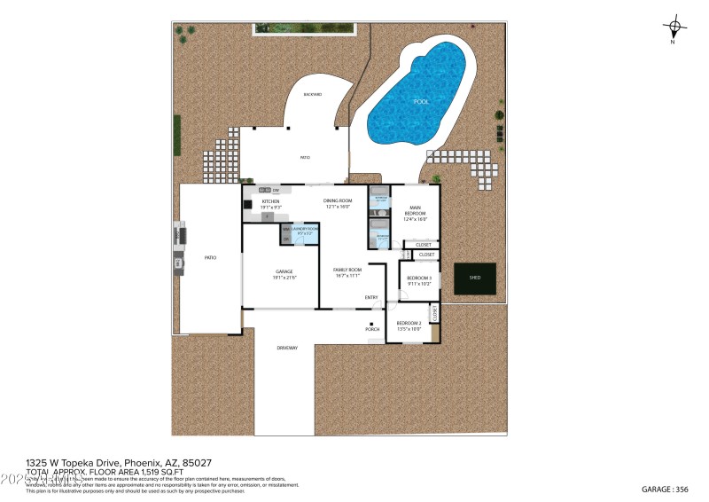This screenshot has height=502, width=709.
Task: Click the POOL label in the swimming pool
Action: (x=421, y=102)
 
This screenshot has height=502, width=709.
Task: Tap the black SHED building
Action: (x=475, y=278)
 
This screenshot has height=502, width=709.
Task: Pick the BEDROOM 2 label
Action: (x=409, y=325)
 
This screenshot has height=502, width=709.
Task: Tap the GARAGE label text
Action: (x=284, y=273)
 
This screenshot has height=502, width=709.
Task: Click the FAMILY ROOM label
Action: (x=347, y=271)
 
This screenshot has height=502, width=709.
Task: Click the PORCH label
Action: (x=372, y=329)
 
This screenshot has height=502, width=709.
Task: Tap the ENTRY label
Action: (x=371, y=297)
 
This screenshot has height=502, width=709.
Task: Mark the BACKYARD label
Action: (x=311, y=94)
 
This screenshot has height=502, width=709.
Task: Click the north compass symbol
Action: (x=674, y=28)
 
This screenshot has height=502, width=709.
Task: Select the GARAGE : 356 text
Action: (x=664, y=489)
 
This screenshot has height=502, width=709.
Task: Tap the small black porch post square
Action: (x=371, y=322)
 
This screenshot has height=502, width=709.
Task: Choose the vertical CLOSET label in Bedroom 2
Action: (x=434, y=314)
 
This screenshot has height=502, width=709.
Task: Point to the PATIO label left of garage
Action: (x=210, y=257)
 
